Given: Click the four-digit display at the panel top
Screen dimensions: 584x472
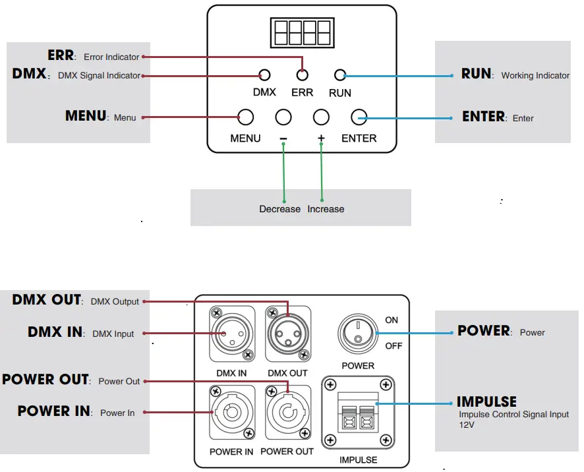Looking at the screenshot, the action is coord(302,32).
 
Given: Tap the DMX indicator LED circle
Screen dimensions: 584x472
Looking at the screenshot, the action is coord(264,75).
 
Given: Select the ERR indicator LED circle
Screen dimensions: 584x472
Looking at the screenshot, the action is coord(302,75).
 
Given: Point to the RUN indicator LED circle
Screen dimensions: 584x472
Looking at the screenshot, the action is coord(340,75).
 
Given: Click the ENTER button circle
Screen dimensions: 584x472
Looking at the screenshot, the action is coord(359,117).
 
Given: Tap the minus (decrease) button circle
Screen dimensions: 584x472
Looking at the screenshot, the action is coord(283,117).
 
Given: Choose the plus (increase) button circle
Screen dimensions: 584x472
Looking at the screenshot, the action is coord(321,117).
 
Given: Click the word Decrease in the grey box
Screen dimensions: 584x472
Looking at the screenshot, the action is coord(279,209).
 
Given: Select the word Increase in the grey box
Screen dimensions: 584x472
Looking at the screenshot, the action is coord(326,209).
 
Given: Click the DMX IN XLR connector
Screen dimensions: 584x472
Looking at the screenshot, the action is coord(231,334).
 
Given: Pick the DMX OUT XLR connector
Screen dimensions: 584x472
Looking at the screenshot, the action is coord(288,334).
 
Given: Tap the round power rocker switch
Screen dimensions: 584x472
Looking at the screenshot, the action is coord(357,334).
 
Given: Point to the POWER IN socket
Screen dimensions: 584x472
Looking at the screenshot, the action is coord(231,412).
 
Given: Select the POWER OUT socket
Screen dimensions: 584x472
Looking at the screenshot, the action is coord(288,412).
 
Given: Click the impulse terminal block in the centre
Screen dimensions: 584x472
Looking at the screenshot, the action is coord(358,412).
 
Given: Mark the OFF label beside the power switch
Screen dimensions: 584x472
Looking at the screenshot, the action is coord(394,346).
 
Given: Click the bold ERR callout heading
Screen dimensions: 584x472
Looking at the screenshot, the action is coord(61,55).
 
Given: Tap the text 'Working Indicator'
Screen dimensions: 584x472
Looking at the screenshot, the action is coord(535,76).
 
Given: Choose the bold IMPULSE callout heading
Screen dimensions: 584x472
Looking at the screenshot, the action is coord(486,401).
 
